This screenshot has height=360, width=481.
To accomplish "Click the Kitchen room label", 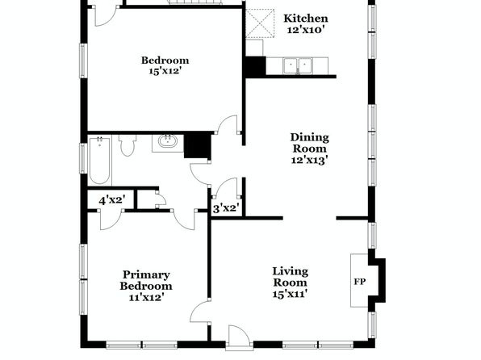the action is click(x=306, y=19).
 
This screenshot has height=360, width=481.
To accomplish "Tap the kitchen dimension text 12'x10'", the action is click(x=306, y=30).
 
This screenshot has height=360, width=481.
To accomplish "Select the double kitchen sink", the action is click(x=298, y=65).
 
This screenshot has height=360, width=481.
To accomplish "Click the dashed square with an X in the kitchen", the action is click(x=260, y=23).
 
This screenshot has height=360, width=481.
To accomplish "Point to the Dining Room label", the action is click(x=310, y=143).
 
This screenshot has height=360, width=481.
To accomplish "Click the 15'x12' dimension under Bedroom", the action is click(x=165, y=71).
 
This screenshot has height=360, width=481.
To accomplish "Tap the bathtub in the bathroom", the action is click(x=100, y=161).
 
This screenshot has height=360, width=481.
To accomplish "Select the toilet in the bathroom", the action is click(x=127, y=146).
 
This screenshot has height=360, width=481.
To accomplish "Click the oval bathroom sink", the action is click(x=168, y=142).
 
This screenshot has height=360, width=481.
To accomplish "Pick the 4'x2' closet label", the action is click(x=112, y=201).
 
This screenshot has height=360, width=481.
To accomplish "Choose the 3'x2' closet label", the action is click(x=225, y=209).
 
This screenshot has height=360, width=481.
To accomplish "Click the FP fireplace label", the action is click(x=359, y=282).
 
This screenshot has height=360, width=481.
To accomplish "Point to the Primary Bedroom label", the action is click(x=146, y=281).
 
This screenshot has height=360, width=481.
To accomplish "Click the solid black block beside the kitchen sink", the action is click(x=256, y=66).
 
